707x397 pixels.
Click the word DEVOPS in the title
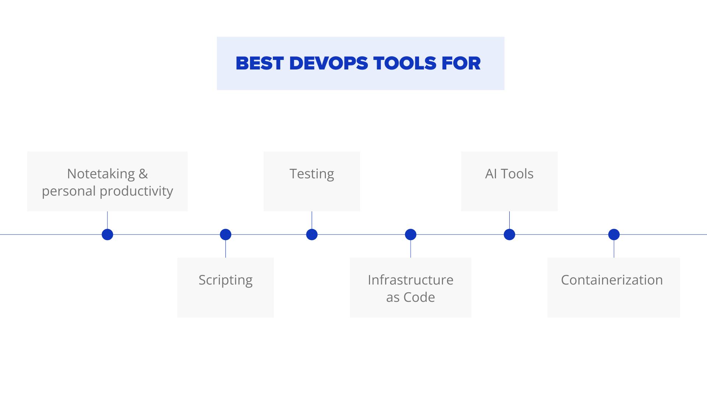[328, 63]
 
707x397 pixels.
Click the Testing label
[312, 174]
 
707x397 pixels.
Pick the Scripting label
[225, 280]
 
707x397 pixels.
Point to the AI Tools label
[509, 174]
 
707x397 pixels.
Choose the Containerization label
[612, 280]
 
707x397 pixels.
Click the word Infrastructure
[411, 280]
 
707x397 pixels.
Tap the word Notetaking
[101, 174]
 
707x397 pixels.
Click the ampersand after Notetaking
[143, 174]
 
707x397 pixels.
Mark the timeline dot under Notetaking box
[107, 235]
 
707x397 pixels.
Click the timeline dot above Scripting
[225, 235]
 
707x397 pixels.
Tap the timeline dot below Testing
[312, 235]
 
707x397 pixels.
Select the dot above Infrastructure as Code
[411, 235]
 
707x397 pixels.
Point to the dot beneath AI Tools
[509, 235]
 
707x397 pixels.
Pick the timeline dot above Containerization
[614, 235]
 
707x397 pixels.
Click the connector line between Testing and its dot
[312, 220]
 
